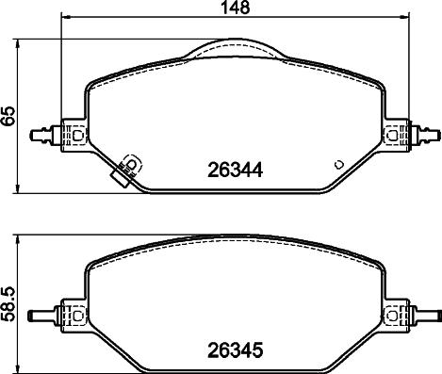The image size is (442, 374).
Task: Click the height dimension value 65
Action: pyautogui.click(x=9, y=117)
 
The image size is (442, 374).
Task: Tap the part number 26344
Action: pyautogui.click(x=233, y=172)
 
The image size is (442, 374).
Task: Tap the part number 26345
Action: pyautogui.click(x=233, y=355)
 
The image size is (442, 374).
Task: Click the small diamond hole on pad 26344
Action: pyautogui.click(x=336, y=162)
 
